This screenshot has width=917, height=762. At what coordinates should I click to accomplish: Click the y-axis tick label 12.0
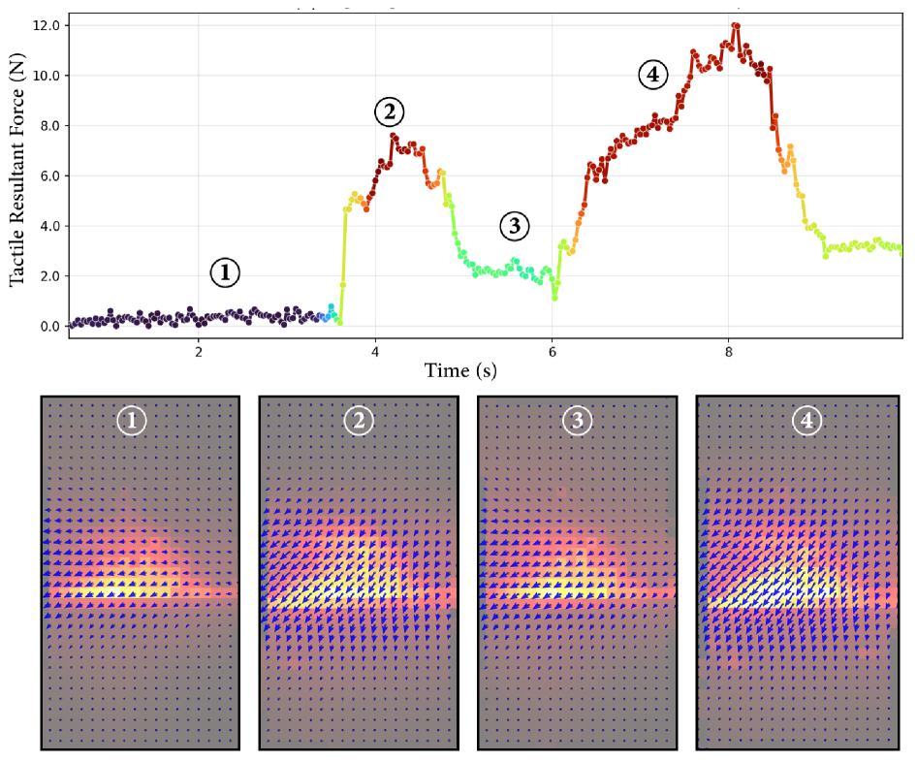tap(47, 26)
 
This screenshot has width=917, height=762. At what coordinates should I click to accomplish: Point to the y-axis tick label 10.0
tap(47, 76)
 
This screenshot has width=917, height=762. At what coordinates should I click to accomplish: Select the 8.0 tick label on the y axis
tap(49, 126)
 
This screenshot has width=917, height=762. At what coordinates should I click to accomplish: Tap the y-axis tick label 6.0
tap(49, 176)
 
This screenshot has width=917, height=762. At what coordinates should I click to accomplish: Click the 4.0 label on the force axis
tap(49, 226)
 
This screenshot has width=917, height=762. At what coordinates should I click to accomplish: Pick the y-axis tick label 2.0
tap(49, 276)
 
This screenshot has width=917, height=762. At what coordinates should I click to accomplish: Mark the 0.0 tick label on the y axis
tap(49, 327)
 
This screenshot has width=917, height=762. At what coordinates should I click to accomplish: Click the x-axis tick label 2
tap(199, 352)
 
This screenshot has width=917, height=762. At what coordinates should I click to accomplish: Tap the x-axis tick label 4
tap(375, 352)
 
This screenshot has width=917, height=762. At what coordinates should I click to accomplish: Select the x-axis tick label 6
tap(553, 352)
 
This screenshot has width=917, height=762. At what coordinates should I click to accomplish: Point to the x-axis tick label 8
tap(729, 352)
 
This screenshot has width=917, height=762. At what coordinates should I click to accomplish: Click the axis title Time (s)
tap(460, 370)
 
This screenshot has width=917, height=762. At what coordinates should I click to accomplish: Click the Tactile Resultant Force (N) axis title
tap(16, 171)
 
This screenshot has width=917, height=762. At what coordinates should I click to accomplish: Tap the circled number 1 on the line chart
tap(225, 272)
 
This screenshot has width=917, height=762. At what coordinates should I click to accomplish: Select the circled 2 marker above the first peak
tap(390, 111)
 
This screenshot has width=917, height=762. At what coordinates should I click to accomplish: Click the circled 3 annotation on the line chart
tap(515, 226)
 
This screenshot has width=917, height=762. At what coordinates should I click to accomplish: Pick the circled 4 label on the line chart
tap(652, 75)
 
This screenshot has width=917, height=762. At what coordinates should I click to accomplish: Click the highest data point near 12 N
tap(736, 26)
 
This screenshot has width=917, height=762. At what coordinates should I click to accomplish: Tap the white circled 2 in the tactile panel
tap(359, 421)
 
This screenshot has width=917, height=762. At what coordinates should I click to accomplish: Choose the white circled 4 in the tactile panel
tap(807, 421)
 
